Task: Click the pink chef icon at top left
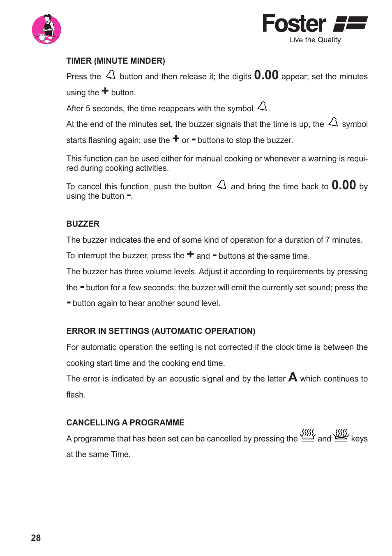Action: tap(46, 29)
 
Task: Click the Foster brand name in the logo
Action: tap(294, 24)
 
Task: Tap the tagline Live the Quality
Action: tap(315, 40)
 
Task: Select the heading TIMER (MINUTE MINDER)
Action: tap(115, 61)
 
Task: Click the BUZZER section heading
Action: tap(83, 224)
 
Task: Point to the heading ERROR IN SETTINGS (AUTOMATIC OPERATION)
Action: tap(161, 331)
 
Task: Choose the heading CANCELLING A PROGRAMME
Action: tap(125, 423)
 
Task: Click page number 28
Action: tap(36, 538)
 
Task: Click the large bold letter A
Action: tap(293, 377)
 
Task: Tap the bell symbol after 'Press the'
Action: tap(111, 75)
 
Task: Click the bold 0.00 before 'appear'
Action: tap(266, 75)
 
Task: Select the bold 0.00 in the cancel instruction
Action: tap(344, 185)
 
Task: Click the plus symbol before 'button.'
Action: tap(105, 91)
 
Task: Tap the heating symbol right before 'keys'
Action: tap(341, 435)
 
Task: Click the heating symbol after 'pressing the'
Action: tap(308, 435)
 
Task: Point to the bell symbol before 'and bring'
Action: tap(221, 185)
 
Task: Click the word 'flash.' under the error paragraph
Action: tap(76, 395)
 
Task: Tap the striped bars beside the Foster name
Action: tap(350, 24)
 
